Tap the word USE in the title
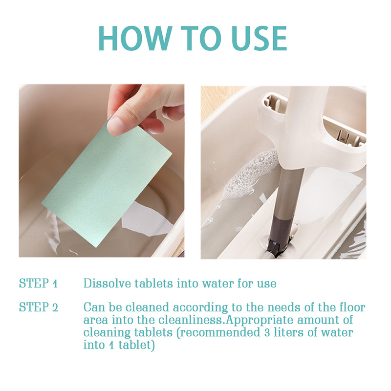[259, 38]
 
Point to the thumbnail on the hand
[115, 127]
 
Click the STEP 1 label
[38, 283]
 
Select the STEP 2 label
[39, 307]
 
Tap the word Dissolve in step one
[107, 283]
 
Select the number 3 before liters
[267, 333]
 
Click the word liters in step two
[288, 333]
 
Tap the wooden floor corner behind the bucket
[219, 100]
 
